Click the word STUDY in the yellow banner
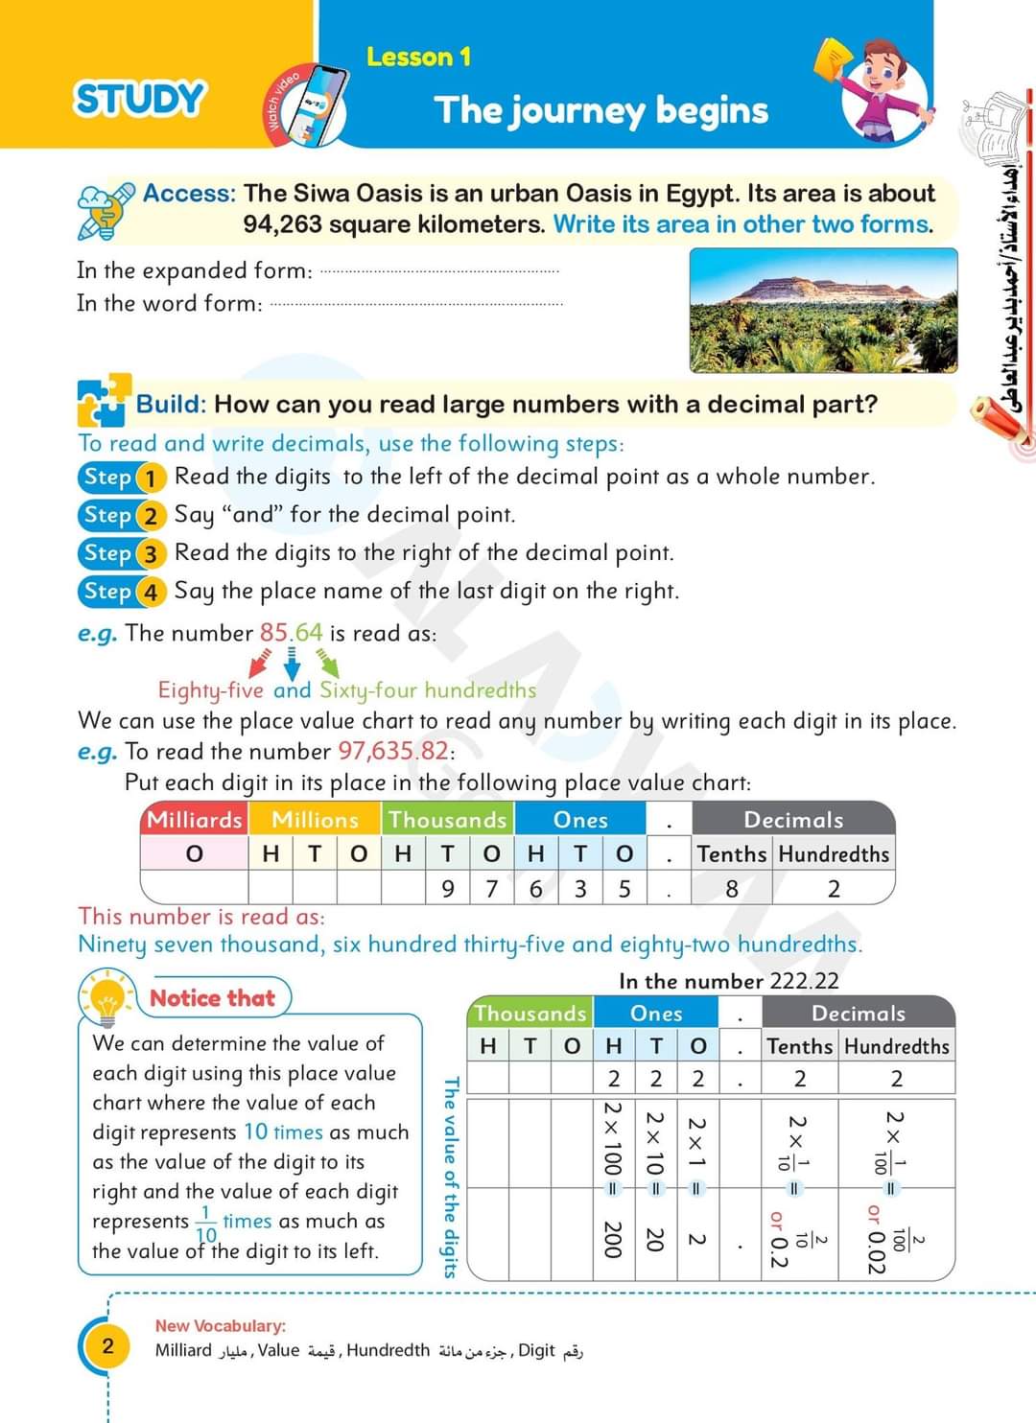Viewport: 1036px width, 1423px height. click(140, 99)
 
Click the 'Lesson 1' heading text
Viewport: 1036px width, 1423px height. click(418, 58)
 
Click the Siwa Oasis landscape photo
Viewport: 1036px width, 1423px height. click(823, 310)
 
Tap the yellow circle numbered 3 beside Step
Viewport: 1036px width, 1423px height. click(150, 554)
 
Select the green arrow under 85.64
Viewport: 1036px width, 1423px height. click(328, 662)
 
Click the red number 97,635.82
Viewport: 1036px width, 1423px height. click(393, 751)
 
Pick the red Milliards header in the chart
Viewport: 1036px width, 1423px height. click(194, 820)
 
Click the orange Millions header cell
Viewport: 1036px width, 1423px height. click(315, 820)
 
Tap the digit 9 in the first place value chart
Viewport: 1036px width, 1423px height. click(447, 889)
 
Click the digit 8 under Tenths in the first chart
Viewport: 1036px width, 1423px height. click(731, 889)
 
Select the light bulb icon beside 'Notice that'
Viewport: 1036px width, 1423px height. click(106, 998)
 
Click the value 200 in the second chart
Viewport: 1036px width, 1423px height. click(613, 1239)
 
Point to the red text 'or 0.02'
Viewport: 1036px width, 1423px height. click(874, 1239)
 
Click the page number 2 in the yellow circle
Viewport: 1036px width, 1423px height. click(107, 1345)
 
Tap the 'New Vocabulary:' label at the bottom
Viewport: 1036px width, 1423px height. click(221, 1326)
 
